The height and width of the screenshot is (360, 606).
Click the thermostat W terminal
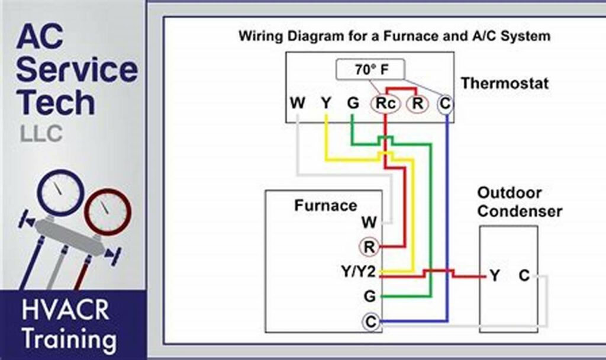point(298,104)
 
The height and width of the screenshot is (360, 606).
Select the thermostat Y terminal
point(325,104)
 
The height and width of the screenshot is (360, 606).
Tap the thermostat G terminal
point(353,104)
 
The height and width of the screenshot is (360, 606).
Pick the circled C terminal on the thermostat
point(445,104)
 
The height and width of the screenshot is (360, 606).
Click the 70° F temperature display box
point(372,70)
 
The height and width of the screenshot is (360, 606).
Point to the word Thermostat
point(504,83)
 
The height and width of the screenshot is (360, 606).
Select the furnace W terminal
point(369,223)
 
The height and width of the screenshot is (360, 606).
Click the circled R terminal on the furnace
point(369,247)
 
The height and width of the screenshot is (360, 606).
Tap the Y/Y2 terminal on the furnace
point(359,272)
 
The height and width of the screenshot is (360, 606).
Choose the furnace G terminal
point(369,296)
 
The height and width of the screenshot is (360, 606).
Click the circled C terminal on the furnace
point(370,322)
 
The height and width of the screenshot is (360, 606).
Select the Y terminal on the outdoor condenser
point(495,276)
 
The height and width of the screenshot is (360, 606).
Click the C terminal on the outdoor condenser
point(524,276)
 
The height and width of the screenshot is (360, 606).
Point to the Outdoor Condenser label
point(519,202)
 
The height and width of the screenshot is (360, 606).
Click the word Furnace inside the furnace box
point(325,205)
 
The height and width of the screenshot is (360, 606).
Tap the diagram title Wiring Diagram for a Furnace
point(394,36)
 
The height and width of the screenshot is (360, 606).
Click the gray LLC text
point(41,134)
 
